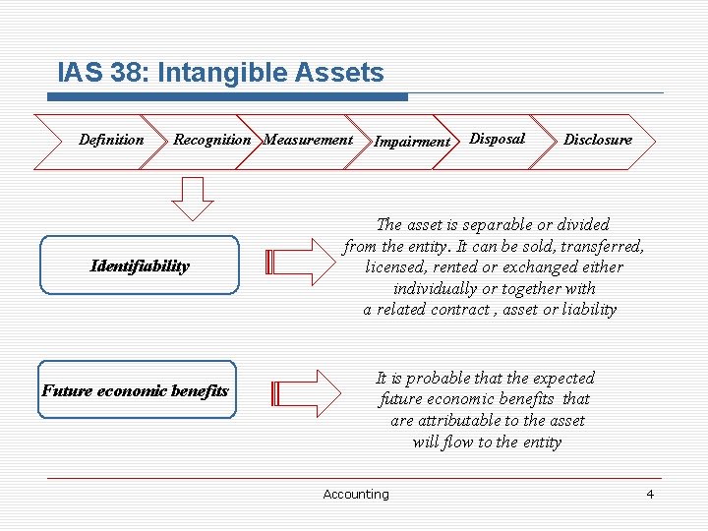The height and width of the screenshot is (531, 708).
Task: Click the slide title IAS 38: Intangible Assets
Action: point(220,72)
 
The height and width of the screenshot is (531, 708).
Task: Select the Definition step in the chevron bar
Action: point(110,140)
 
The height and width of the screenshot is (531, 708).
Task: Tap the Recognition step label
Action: point(211,140)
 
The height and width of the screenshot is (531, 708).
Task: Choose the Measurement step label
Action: point(308,140)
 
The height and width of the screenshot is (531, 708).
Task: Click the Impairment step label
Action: point(411,142)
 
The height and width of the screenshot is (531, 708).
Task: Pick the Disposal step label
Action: point(497,139)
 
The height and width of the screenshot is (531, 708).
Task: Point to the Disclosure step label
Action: point(597,140)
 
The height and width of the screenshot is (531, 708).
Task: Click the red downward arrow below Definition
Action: point(192,198)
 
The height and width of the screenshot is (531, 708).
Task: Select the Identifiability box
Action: point(139,265)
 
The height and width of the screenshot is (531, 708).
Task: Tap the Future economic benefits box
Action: point(137,390)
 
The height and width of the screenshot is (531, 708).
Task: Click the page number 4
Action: point(649,494)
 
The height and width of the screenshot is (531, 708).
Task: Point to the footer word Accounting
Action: point(355,495)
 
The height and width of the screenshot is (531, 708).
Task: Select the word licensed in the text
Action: point(396,266)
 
